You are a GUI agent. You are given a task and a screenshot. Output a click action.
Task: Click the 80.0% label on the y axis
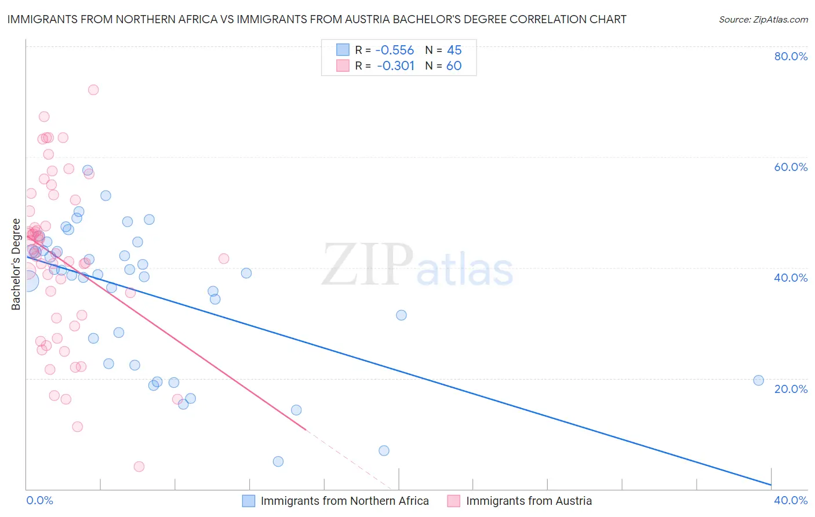pyautogui.click(x=791, y=56)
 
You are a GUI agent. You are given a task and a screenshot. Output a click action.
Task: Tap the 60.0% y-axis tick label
pyautogui.click(x=791, y=167)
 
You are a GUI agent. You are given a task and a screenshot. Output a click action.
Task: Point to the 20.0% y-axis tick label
pyautogui.click(x=791, y=388)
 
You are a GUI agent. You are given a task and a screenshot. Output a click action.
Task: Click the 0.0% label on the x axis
pyautogui.click(x=39, y=500)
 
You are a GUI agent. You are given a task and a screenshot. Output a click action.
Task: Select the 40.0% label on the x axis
pyautogui.click(x=791, y=500)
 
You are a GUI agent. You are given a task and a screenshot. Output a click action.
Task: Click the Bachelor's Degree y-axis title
pyautogui.click(x=16, y=264)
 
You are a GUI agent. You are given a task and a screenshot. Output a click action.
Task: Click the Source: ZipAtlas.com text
pyautogui.click(x=763, y=20)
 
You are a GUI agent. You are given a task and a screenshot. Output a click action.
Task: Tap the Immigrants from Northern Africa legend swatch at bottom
pyautogui.click(x=249, y=501)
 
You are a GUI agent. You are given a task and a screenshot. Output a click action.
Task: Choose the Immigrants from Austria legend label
pyautogui.click(x=529, y=501)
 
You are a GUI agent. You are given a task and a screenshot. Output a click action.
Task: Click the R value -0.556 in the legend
pyautogui.click(x=395, y=50)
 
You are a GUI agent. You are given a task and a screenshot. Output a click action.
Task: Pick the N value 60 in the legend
pyautogui.click(x=454, y=66)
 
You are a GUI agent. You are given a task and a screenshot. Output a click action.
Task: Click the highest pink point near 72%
pyautogui.click(x=93, y=90)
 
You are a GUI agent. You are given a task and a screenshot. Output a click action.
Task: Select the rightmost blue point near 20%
pyautogui.click(x=758, y=380)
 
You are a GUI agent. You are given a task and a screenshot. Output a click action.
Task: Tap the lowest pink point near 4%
pyautogui.click(x=139, y=467)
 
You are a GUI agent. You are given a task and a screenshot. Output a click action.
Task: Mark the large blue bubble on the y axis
pyautogui.click(x=27, y=281)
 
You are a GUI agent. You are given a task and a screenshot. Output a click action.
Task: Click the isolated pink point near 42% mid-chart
pyautogui.click(x=224, y=258)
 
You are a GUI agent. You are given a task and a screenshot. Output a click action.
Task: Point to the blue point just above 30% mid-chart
pyautogui.click(x=401, y=315)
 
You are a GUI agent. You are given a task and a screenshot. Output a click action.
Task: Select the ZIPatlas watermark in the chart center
pyautogui.click(x=417, y=265)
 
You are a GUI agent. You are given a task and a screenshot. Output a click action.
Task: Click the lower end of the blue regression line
pyautogui.click(x=770, y=485)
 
